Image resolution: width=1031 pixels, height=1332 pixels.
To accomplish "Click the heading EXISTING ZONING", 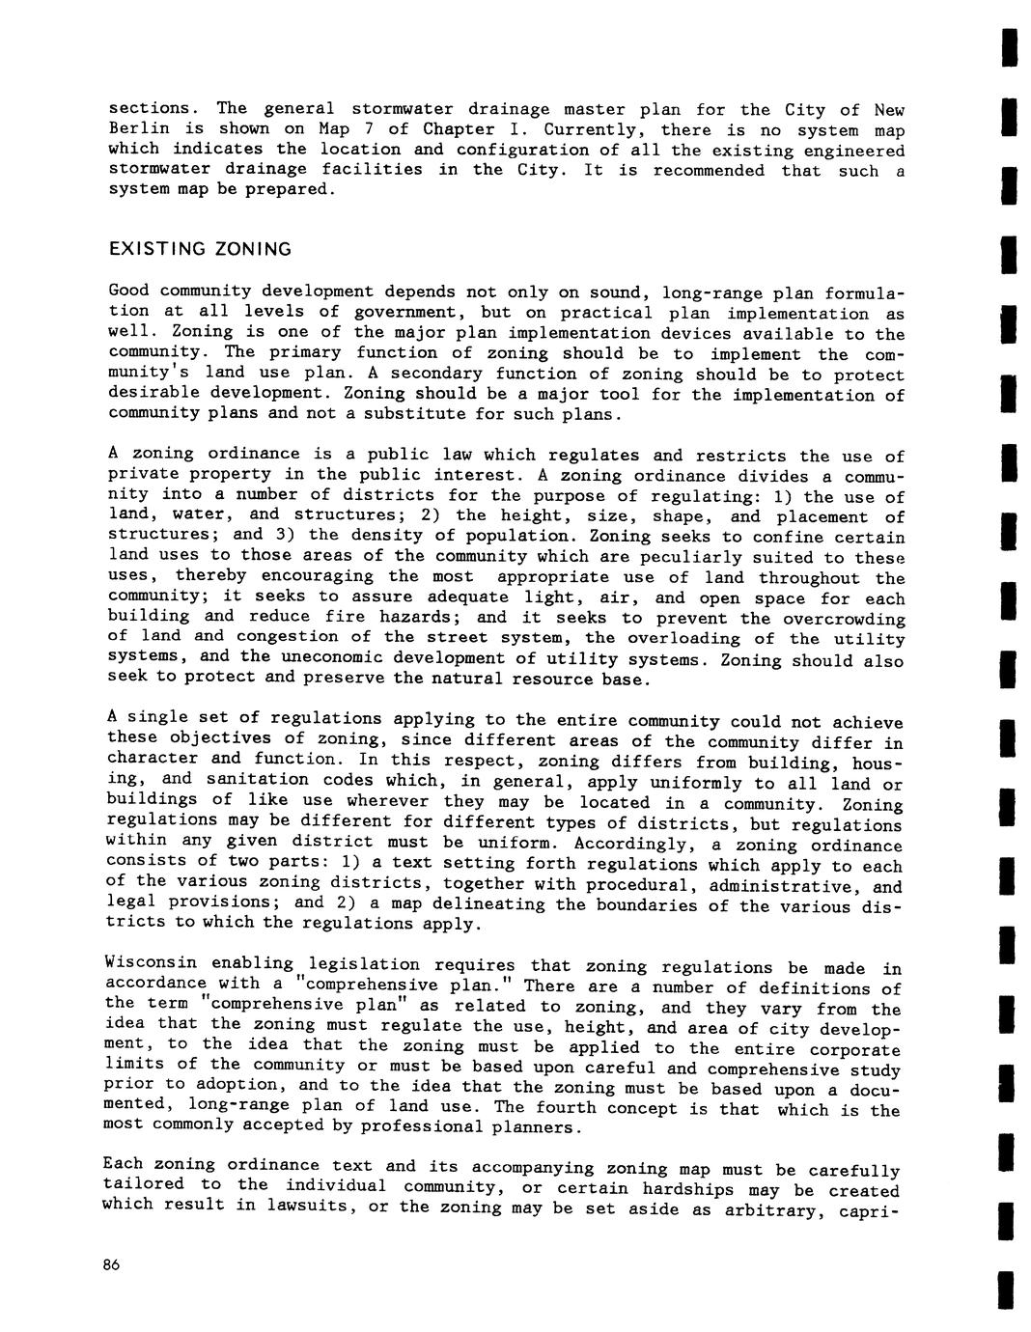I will pyautogui.click(x=200, y=249).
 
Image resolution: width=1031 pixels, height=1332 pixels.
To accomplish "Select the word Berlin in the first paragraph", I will pyautogui.click(x=139, y=129).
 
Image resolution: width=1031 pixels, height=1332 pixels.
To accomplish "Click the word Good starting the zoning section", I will pyautogui.click(x=128, y=291).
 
